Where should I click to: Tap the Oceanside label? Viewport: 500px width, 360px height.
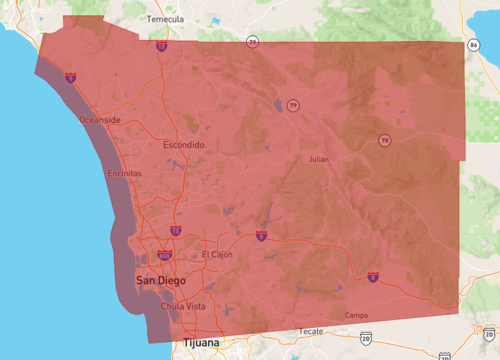100,120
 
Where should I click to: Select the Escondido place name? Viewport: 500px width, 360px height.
184,145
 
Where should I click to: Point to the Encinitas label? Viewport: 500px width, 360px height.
124,173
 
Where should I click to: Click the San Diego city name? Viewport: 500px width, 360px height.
160,281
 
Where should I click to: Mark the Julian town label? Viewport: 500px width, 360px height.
317,159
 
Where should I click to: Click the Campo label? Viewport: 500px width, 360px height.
356,315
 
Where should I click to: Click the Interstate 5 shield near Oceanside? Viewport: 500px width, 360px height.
71,76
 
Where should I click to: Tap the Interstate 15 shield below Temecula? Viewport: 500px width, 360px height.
162,46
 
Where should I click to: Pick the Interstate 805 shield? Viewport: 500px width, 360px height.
165,256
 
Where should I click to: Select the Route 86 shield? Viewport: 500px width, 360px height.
472,45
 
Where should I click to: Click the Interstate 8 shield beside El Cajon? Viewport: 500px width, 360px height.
261,236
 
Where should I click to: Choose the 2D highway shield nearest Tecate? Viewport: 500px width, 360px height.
366,340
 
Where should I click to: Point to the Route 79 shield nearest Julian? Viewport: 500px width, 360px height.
293,104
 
